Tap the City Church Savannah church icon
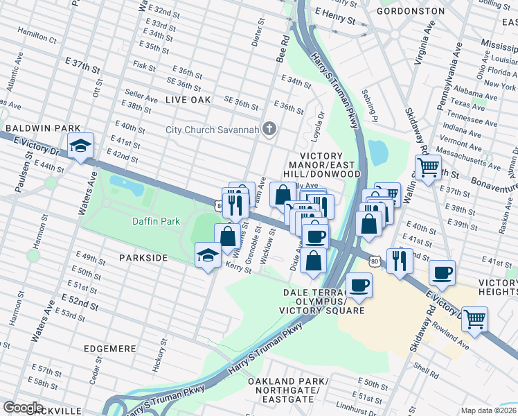point(271,130)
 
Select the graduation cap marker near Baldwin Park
point(80,146)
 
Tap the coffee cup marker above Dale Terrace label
point(359,285)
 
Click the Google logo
point(23,408)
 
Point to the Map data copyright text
point(489,410)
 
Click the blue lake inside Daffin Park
point(126,185)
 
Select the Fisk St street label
point(144,66)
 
